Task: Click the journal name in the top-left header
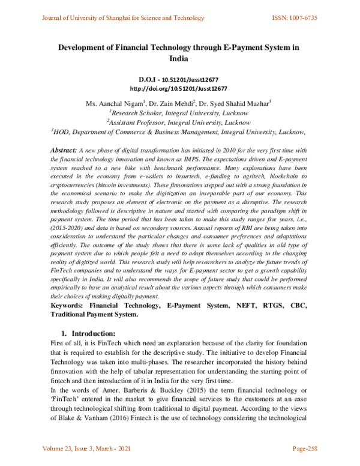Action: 122,19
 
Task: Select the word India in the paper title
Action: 179,59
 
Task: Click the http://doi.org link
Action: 179,87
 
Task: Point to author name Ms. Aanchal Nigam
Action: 118,103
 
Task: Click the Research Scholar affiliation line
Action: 179,112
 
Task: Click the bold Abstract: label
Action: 62,149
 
